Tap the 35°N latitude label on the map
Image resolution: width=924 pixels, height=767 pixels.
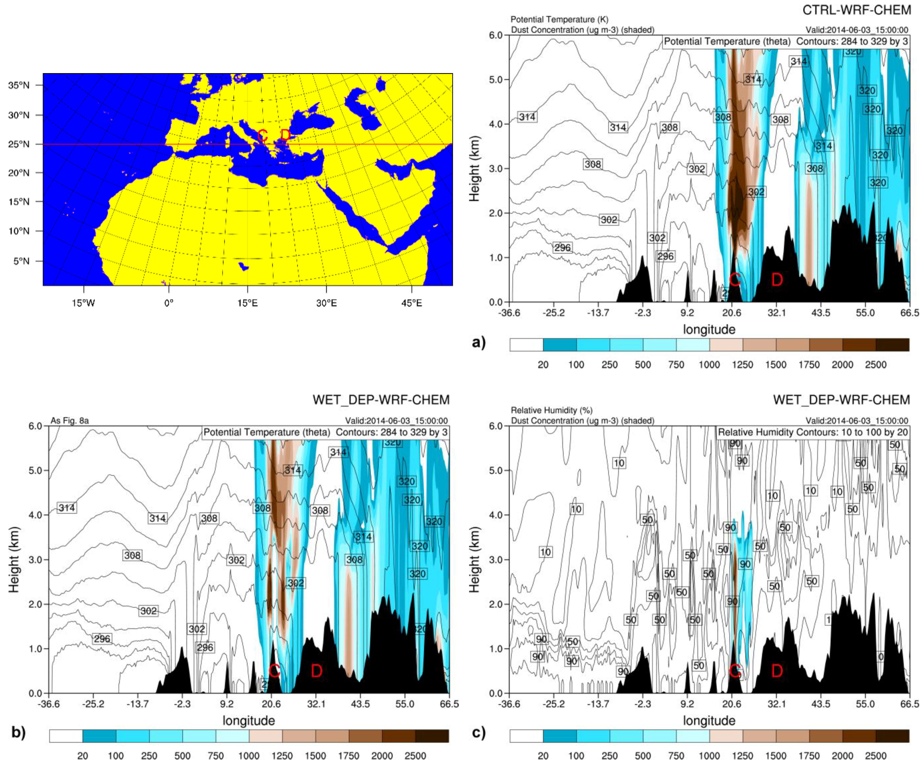pos(18,85)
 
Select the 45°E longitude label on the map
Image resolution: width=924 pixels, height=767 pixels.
pos(411,303)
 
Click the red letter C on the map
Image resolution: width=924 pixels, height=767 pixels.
pos(262,135)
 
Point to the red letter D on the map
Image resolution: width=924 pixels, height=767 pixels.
pos(285,135)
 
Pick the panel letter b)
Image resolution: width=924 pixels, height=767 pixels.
pos(18,732)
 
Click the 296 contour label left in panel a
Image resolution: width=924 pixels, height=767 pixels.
pos(562,247)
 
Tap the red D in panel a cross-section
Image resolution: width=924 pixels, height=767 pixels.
pos(777,280)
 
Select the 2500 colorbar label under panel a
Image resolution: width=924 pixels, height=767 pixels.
pos(876,364)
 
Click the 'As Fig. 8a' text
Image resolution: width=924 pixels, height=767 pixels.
pos(69,421)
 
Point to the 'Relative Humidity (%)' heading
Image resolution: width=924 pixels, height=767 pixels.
pos(551,410)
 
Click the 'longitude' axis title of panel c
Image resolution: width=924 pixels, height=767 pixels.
pos(709,720)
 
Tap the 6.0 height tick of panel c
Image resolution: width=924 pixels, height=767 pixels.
pos(496,426)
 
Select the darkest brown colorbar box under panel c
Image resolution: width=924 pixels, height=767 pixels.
pos(892,736)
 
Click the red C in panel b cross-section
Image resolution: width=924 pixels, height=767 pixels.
pos(274,671)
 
